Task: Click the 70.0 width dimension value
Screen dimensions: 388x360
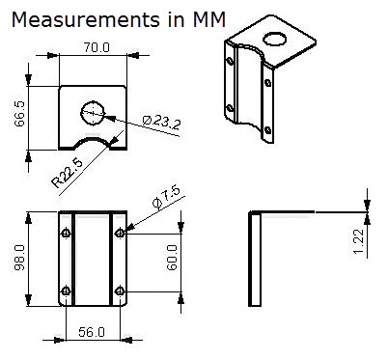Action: tap(97, 47)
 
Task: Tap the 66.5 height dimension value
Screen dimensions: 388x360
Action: tap(19, 114)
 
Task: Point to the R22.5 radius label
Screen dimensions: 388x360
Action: tap(68, 173)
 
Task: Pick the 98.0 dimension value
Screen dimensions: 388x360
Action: tap(20, 258)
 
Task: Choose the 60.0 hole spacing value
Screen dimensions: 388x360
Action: tap(172, 258)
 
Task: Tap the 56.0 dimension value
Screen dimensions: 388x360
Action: tap(92, 332)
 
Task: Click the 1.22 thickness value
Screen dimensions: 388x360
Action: tap(358, 241)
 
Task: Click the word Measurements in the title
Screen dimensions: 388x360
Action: tap(86, 19)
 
